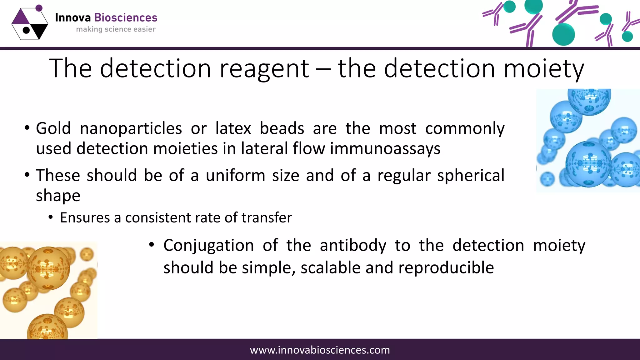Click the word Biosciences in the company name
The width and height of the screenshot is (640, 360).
coord(126,18)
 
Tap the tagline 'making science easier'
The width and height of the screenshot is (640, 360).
coord(116,29)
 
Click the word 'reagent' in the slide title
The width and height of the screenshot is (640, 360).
coord(264,69)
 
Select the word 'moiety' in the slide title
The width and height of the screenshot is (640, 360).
coord(544,69)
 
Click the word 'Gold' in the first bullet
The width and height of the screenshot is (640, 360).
coord(53,129)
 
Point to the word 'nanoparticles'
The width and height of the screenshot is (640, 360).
coord(131,129)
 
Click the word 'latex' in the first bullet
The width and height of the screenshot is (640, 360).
coord(233,129)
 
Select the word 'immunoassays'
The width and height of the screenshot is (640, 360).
coord(385,149)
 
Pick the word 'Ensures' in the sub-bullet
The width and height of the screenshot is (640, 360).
coord(85,218)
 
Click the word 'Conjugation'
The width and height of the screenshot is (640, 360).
coord(208,246)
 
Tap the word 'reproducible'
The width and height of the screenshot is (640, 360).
coord(446,268)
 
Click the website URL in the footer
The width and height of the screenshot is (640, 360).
coord(320,350)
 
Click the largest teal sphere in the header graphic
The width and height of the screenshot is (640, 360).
coord(563,34)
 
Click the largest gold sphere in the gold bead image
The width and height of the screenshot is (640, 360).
coord(48,268)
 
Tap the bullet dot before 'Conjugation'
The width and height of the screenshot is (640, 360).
coord(152,245)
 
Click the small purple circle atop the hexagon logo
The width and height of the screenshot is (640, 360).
coord(39,8)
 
